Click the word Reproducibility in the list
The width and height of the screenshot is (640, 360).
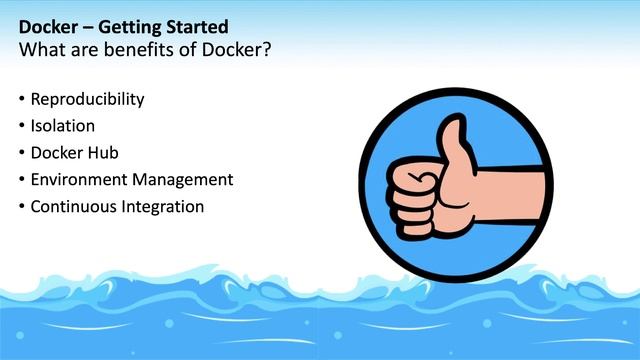[87, 99]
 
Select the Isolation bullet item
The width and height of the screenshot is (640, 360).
[62, 126]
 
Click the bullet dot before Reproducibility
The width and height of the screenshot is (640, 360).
[22, 100]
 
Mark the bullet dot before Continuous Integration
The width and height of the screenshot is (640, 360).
[22, 208]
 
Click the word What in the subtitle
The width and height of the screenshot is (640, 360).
[42, 48]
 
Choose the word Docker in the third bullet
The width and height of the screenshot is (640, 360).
[59, 153]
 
